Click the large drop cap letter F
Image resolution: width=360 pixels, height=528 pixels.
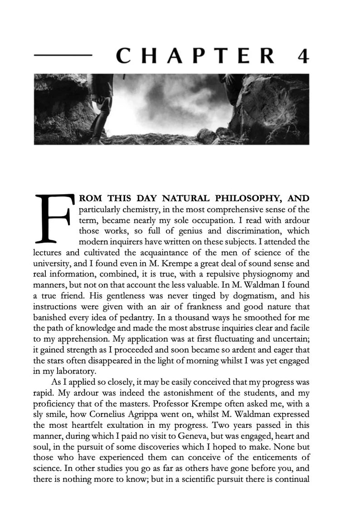point(54,218)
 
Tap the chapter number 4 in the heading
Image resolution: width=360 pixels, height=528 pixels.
point(302,56)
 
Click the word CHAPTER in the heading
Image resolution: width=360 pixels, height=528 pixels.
point(195,56)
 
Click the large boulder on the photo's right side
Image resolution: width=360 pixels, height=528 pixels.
point(272,113)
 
